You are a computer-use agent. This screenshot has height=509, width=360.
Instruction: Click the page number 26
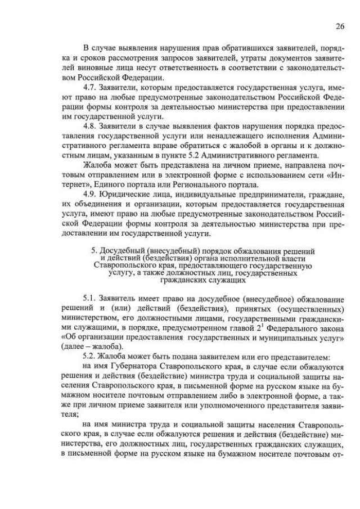340,26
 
